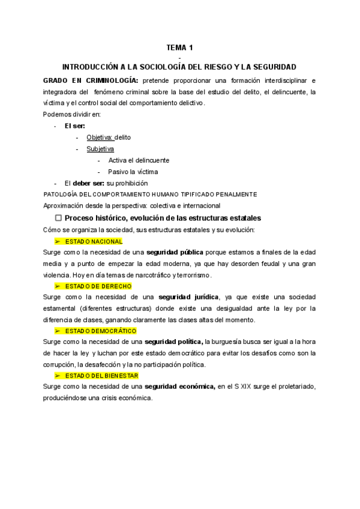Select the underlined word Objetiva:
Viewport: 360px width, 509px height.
coord(100,137)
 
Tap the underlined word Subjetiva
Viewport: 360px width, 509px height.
coord(100,149)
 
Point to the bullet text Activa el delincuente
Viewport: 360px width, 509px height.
coord(139,160)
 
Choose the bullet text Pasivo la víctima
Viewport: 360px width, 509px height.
coord(133,172)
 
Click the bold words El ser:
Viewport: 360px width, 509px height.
coord(74,126)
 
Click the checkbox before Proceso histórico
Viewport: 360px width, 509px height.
coord(59,218)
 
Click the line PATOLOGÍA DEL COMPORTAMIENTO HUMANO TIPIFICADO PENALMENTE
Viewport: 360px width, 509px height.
coord(151,194)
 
